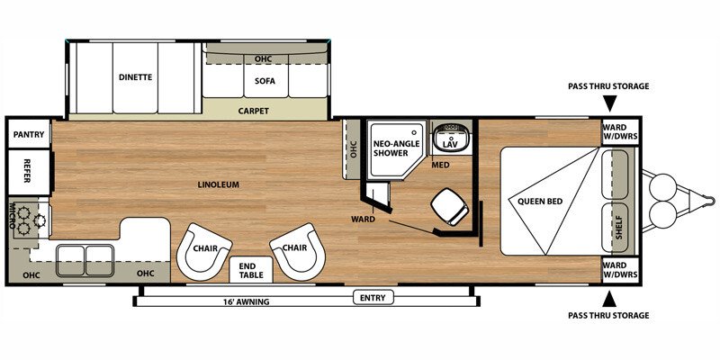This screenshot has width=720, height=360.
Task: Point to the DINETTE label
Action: [135, 77]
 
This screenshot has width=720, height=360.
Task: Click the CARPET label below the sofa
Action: [254, 112]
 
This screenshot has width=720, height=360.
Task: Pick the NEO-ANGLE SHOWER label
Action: [393, 147]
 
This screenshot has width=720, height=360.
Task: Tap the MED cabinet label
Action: [440, 165]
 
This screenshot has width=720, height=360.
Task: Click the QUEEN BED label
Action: [540, 201]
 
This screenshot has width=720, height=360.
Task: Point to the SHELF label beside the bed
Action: [618, 226]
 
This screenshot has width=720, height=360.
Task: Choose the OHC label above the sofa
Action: [263, 59]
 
